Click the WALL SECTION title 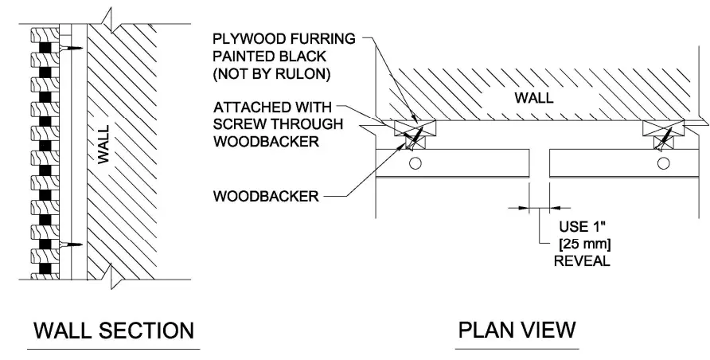114,330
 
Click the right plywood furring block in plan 663,127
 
